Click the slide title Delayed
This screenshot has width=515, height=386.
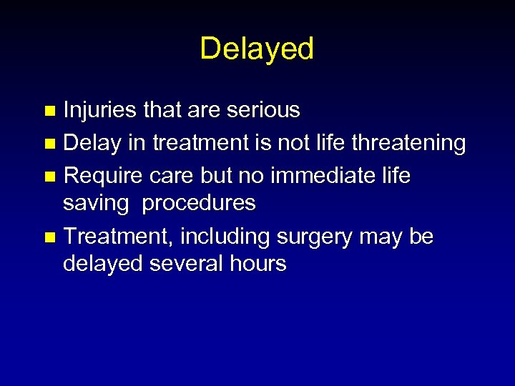click(x=257, y=49)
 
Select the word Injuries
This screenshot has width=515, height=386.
click(x=100, y=110)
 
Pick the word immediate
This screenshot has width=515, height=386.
click(x=320, y=176)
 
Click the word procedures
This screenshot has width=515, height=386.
click(x=199, y=204)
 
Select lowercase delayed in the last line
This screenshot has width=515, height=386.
click(x=102, y=264)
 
